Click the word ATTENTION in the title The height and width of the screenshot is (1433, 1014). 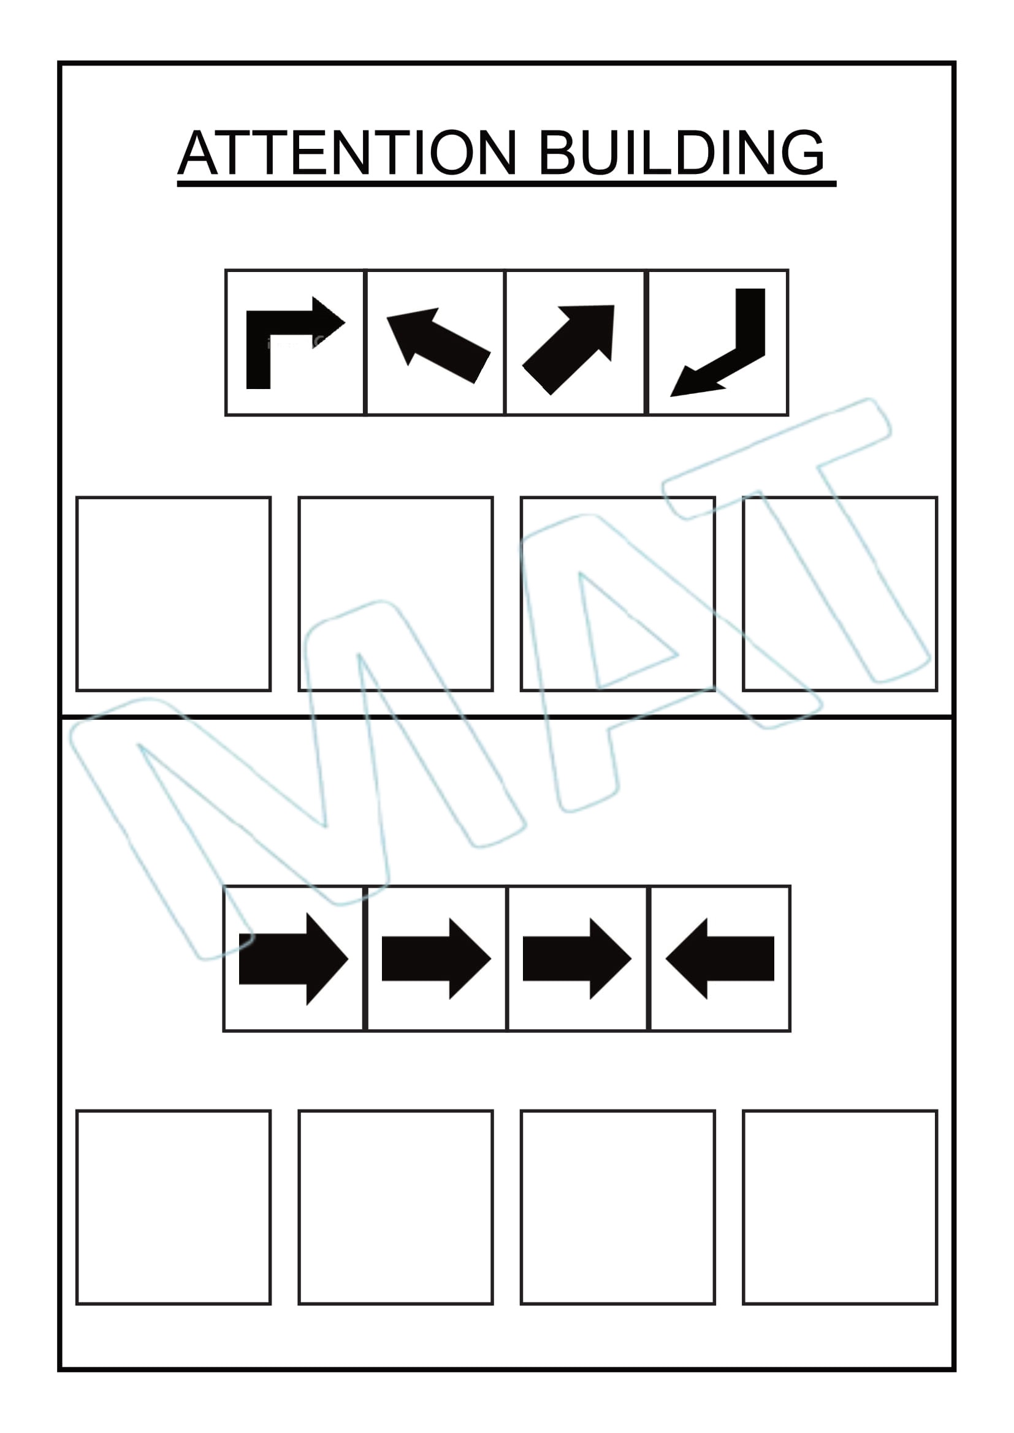pos(348,153)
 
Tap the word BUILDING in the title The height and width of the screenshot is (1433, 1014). pos(681,153)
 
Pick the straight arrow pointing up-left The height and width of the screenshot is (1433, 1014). pos(438,344)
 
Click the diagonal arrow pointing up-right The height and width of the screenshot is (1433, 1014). pos(569,349)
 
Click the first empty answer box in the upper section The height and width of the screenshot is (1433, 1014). pos(173,594)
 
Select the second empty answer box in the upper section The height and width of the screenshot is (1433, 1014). pos(396,594)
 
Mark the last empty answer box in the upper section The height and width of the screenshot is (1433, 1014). pos(841,594)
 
